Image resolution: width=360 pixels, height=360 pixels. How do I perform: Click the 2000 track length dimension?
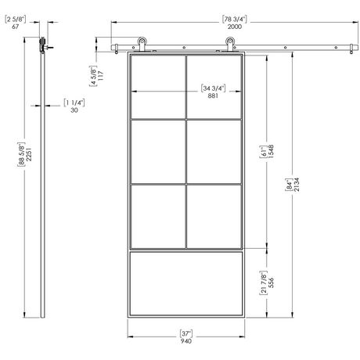pos(234,26)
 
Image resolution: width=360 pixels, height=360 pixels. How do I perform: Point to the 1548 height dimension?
pos(271,151)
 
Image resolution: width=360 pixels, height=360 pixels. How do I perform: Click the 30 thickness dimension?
pos(74,110)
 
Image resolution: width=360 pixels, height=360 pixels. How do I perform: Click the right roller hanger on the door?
pos(229,43)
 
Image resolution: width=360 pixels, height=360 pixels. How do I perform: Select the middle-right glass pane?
pos(213,151)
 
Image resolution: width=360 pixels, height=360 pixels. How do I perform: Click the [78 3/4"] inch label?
pos(234,18)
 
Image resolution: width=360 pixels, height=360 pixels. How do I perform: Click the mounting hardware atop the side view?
pos(45,47)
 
